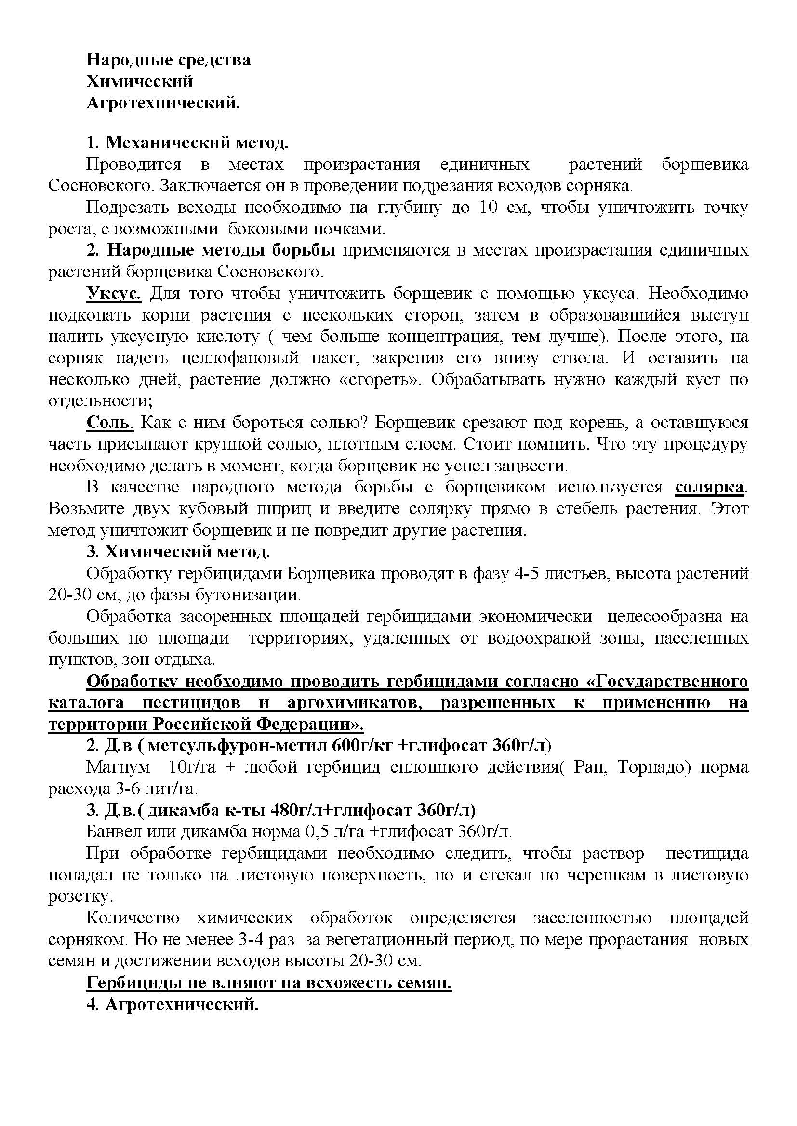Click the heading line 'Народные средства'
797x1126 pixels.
coord(168,60)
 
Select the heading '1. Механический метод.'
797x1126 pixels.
coord(187,142)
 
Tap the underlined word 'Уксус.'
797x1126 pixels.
coord(114,294)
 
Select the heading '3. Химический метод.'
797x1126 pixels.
coord(178,552)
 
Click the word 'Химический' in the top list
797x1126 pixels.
coord(140,81)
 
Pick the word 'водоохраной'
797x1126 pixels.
coord(539,638)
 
